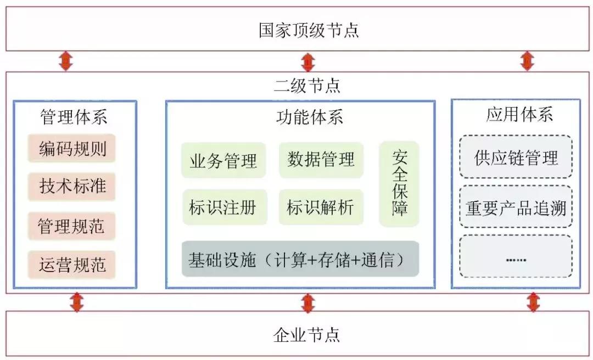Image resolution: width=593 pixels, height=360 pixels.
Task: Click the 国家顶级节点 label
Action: pyautogui.click(x=309, y=30)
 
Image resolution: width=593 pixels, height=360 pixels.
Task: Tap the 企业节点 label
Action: pyautogui.click(x=306, y=334)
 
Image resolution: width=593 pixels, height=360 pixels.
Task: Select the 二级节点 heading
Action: pyautogui.click(x=307, y=86)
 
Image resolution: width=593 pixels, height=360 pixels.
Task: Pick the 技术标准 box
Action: pyautogui.click(x=72, y=186)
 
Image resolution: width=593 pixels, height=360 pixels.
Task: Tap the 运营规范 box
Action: pyautogui.click(x=72, y=265)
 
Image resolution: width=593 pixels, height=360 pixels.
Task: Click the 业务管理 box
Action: pyautogui.click(x=223, y=161)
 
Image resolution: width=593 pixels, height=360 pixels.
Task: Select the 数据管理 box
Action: pyautogui.click(x=321, y=160)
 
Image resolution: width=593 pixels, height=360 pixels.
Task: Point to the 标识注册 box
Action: pyautogui.click(x=224, y=207)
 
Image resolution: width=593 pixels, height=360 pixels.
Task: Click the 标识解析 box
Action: pyautogui.click(x=321, y=207)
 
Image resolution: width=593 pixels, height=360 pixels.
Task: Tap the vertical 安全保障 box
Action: pyautogui.click(x=399, y=184)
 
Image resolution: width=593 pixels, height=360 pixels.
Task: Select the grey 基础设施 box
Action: pyautogui.click(x=300, y=259)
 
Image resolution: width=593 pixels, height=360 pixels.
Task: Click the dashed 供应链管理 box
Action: pyautogui.click(x=516, y=157)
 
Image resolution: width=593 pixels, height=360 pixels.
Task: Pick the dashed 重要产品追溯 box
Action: pyautogui.click(x=516, y=209)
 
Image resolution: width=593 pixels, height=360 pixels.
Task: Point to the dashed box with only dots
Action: pyautogui.click(x=516, y=257)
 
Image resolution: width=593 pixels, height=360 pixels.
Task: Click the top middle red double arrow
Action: pyautogui.click(x=308, y=61)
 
